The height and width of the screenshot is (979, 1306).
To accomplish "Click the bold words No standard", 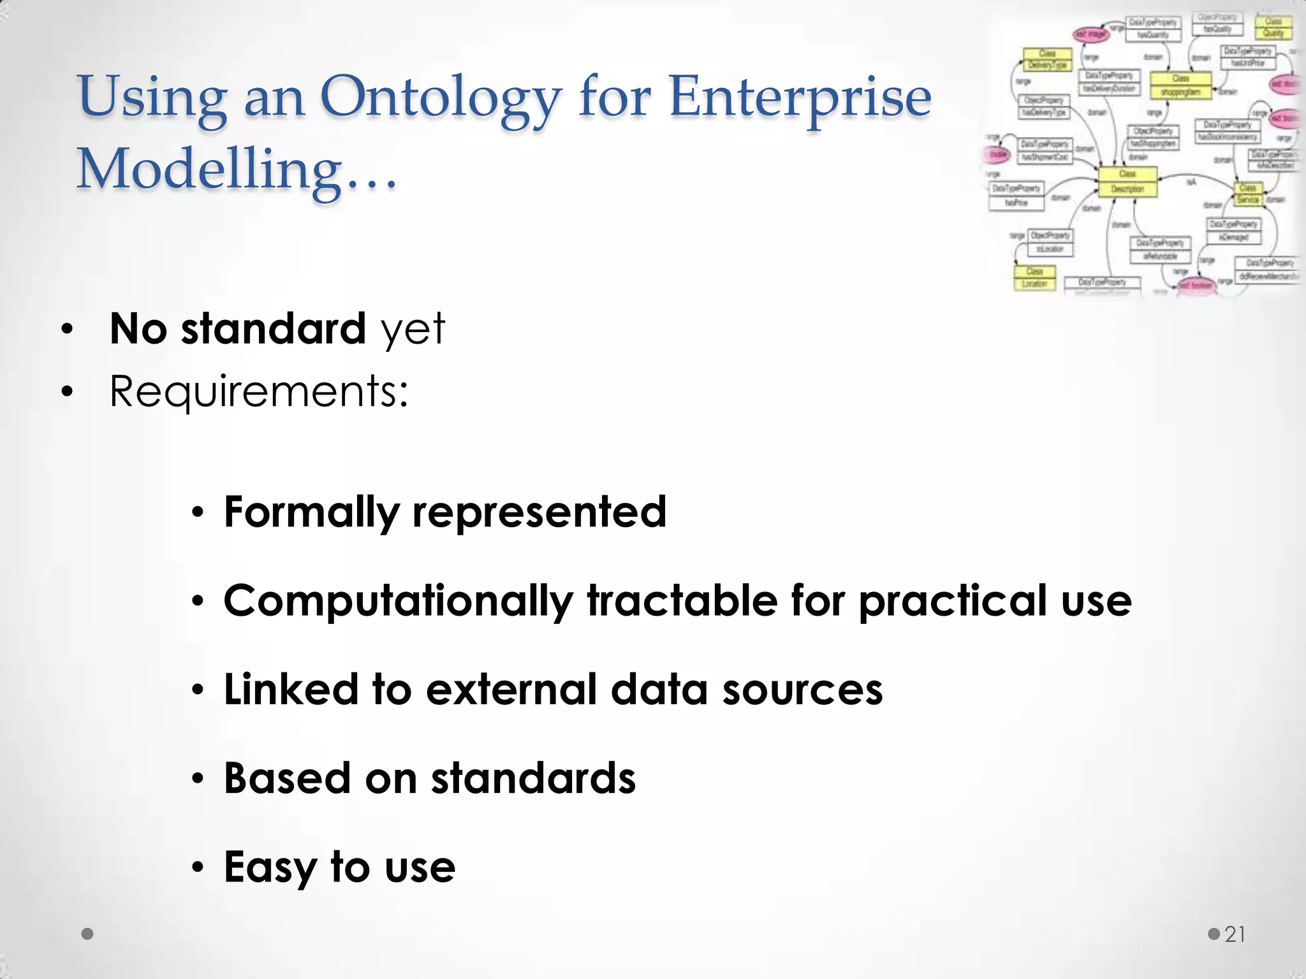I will coord(237,329).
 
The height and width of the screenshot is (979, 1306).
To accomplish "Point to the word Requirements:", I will coord(258,391).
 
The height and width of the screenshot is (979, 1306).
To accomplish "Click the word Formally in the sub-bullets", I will coord(311,512).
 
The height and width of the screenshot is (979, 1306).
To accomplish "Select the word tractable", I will coord(681,601).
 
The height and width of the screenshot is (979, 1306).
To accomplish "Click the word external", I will coord(511,690).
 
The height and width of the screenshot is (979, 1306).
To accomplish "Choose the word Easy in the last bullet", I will coord(270,868).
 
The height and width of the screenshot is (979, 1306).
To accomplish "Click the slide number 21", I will coord(1235,934).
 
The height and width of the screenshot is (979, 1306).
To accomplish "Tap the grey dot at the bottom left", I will coord(88,934).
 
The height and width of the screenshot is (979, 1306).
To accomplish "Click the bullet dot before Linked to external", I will coord(198,690).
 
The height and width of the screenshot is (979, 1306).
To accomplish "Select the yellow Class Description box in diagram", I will coord(1127,182).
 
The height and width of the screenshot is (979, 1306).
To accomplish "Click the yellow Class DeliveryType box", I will coord(1047,59).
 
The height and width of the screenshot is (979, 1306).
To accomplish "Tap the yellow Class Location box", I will coord(1034,277).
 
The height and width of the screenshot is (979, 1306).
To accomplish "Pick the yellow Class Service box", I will coord(1248,194).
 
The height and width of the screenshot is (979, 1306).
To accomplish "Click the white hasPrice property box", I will coord(1016,196).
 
